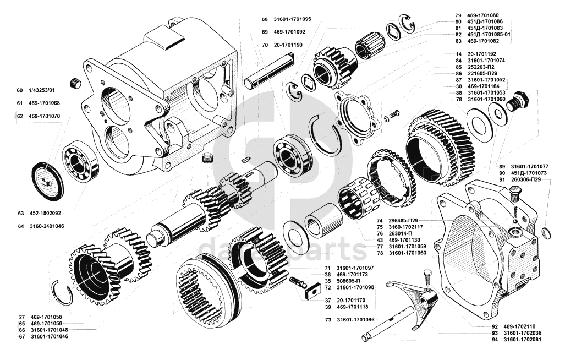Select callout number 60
[20, 90]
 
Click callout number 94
[495, 340]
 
